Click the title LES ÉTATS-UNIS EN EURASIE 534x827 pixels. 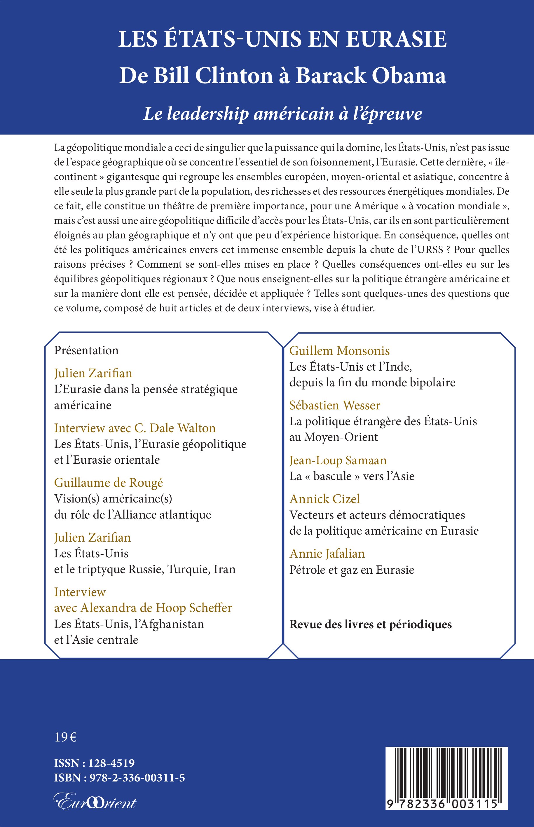282,39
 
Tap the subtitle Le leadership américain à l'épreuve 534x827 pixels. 282,114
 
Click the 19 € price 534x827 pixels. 66,737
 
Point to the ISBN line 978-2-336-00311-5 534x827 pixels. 137,778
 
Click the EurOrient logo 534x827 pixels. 95,801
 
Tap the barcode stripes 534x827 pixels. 446,768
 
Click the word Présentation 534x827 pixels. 86,350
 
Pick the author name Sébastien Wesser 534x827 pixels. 335,405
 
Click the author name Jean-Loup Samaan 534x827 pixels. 338,460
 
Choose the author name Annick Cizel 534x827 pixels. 324,499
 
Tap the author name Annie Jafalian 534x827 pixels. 327,553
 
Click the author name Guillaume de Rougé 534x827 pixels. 108,482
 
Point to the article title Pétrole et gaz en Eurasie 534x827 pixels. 352,570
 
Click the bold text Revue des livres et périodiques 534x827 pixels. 370,624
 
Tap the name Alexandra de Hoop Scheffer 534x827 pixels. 156,608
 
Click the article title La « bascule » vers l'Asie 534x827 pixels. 352,476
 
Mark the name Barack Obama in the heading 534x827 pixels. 371,76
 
